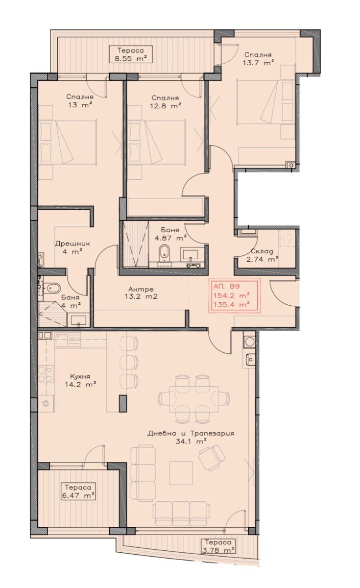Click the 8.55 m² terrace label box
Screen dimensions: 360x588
(x=131, y=54)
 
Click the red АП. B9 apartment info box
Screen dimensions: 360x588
(x=234, y=295)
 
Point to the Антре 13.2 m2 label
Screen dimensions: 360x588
(x=141, y=293)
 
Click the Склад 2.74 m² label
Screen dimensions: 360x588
(x=262, y=255)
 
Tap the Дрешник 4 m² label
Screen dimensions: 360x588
(x=72, y=247)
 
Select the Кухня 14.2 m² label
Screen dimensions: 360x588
(x=80, y=380)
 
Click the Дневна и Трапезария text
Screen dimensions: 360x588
(x=191, y=433)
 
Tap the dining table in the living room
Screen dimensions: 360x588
(x=194, y=399)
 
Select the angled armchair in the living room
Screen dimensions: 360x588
(x=212, y=458)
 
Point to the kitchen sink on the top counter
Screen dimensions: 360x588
(x=68, y=340)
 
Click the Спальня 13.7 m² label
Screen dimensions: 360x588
(x=259, y=59)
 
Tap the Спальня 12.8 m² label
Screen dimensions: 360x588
(x=166, y=102)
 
